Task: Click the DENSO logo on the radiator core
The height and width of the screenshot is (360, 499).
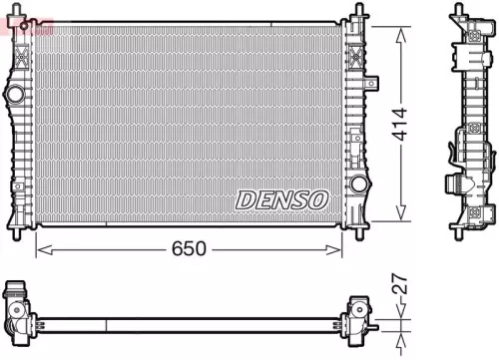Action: point(282,199)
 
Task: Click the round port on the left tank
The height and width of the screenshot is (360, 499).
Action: point(15,95)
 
